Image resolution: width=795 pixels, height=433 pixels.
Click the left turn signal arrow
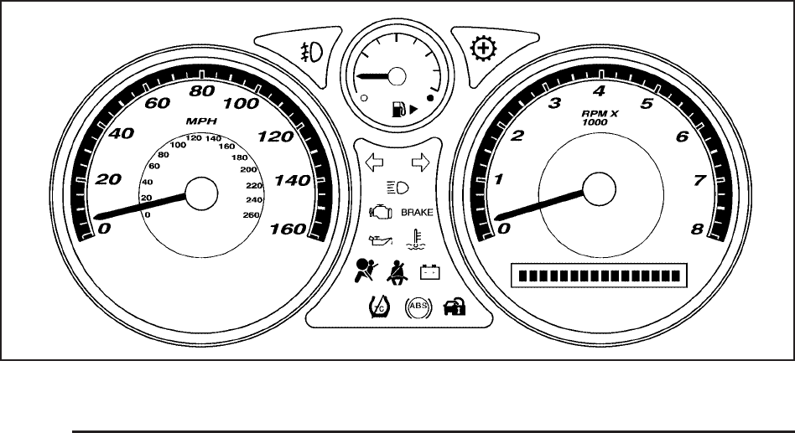pyautogui.click(x=371, y=162)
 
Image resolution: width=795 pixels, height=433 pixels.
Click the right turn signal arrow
pyautogui.click(x=419, y=162)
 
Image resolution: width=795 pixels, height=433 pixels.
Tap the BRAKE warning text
pyautogui.click(x=417, y=213)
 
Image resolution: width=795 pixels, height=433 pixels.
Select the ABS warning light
pyautogui.click(x=417, y=307)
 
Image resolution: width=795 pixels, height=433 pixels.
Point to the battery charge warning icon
pyautogui.click(x=429, y=271)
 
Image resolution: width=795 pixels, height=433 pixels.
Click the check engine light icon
pyautogui.click(x=380, y=213)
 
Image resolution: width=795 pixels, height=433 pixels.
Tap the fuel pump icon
pyautogui.click(x=397, y=108)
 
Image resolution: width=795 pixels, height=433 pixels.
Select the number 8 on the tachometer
pyautogui.click(x=696, y=228)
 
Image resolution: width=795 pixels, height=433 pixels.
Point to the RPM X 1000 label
pyautogui.click(x=598, y=116)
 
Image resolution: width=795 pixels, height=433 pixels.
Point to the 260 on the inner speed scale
pyautogui.click(x=250, y=214)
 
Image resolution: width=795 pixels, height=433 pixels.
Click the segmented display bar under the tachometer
pyautogui.click(x=596, y=276)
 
